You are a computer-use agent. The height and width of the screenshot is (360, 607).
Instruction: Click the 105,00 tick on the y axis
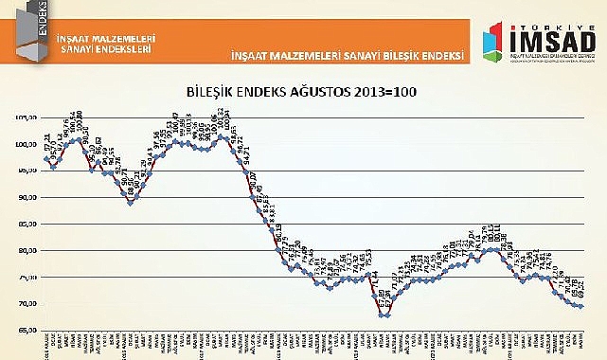click(27, 117)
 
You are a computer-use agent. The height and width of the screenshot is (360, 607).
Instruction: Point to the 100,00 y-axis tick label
click(27, 144)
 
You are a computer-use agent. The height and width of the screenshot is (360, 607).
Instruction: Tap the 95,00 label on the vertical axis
click(27, 171)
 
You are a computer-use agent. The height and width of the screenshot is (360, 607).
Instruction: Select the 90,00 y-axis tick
click(27, 197)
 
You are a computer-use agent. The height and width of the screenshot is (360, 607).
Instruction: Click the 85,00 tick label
click(27, 224)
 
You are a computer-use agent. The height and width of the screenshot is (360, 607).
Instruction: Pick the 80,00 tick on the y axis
click(27, 251)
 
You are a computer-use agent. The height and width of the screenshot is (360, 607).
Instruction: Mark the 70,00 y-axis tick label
click(27, 304)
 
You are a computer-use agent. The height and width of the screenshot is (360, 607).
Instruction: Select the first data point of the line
click(46, 158)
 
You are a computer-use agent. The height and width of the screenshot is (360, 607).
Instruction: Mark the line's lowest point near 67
click(382, 315)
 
